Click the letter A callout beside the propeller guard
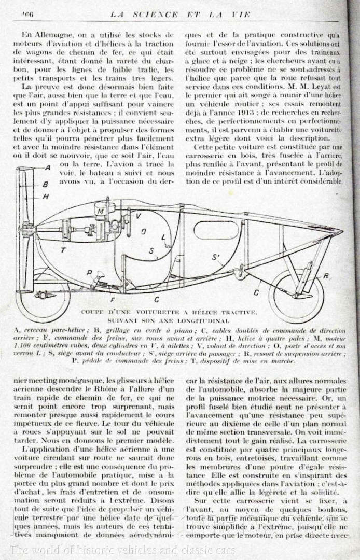[47, 167]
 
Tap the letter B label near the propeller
[46, 184]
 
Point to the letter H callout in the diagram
[46, 197]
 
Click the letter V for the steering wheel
[139, 215]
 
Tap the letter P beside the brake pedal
[89, 272]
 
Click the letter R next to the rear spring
[326, 275]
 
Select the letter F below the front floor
[112, 300]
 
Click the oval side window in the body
[216, 229]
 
